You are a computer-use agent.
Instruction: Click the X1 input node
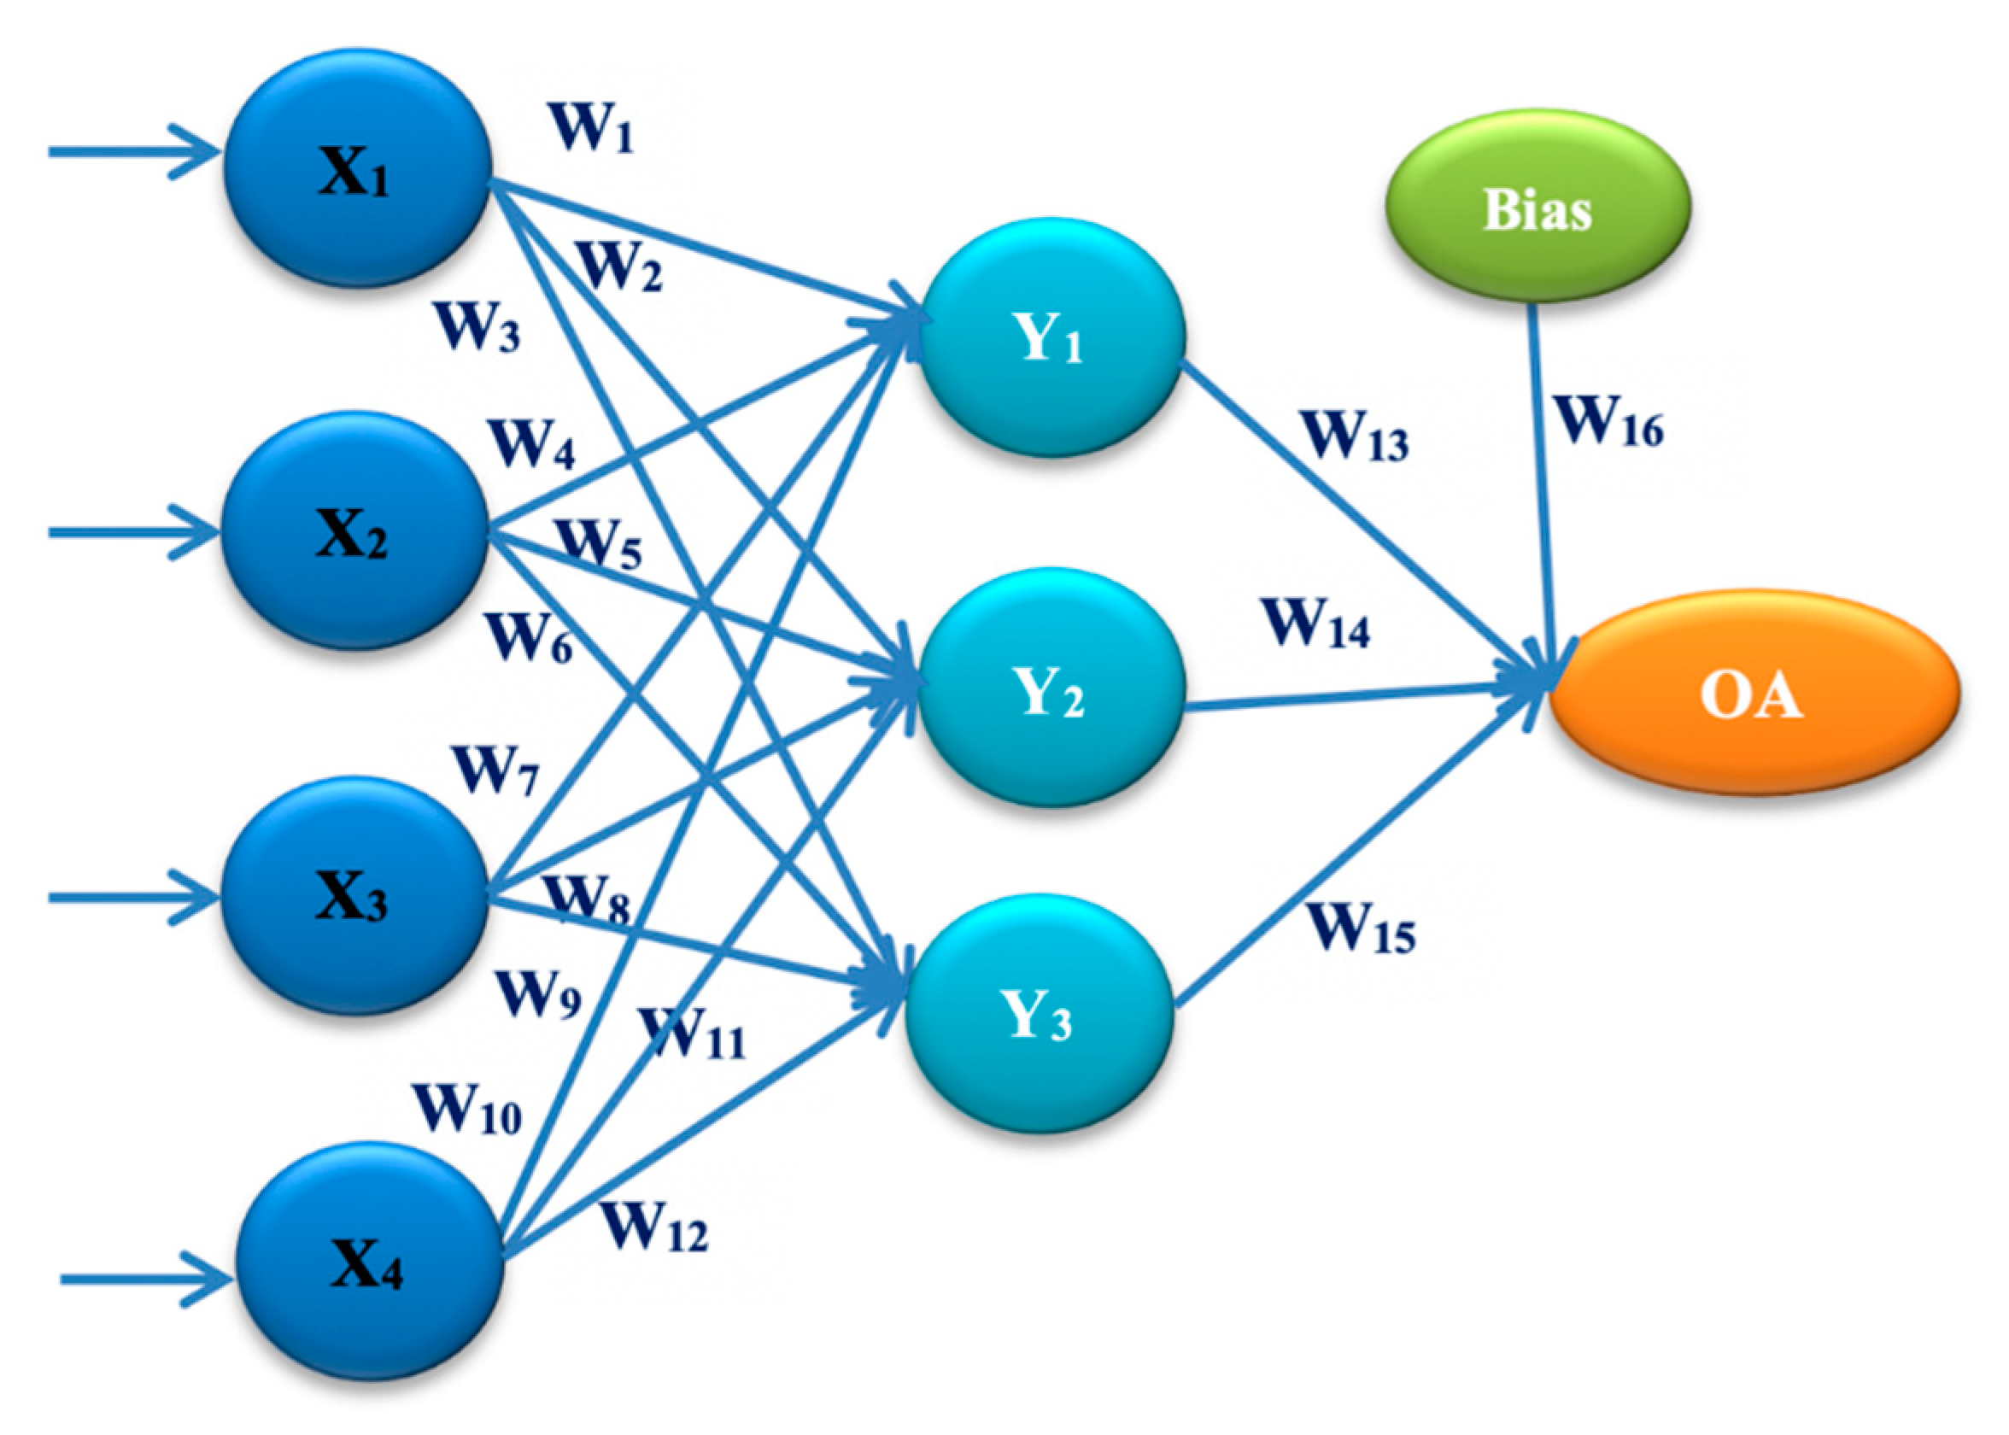(x=358, y=168)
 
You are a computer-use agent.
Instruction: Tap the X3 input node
(x=354, y=895)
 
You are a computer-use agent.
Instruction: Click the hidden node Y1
(x=1051, y=337)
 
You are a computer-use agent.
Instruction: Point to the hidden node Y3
(x=1039, y=1014)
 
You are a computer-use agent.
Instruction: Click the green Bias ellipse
(x=1537, y=207)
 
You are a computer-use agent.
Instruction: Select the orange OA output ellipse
(x=1754, y=694)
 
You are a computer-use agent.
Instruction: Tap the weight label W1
(x=592, y=128)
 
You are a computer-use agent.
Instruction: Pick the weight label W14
(x=1317, y=623)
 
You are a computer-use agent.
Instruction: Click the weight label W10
(x=467, y=1108)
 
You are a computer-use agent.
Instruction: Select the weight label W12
(x=654, y=1227)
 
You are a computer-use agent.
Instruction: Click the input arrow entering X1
(x=132, y=152)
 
